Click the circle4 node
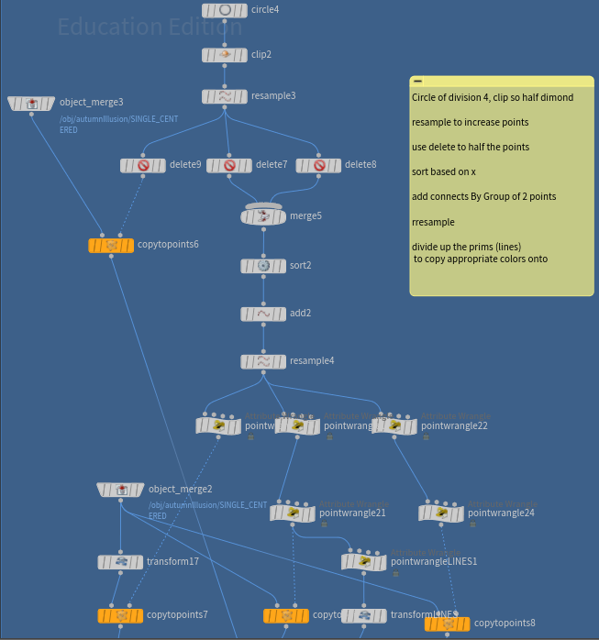pyautogui.click(x=225, y=10)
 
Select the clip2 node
pyautogui.click(x=225, y=55)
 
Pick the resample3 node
pyautogui.click(x=225, y=96)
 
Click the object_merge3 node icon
pyautogui.click(x=32, y=104)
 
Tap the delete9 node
pyautogui.click(x=143, y=166)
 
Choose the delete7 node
pyautogui.click(x=229, y=166)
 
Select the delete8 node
pyautogui.click(x=318, y=166)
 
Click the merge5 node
pyautogui.click(x=263, y=216)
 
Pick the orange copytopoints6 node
pyautogui.click(x=111, y=246)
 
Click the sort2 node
pyautogui.click(x=263, y=266)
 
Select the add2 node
pyautogui.click(x=263, y=314)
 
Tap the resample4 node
pyautogui.click(x=263, y=361)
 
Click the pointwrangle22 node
pyautogui.click(x=394, y=426)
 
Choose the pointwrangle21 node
pyautogui.click(x=294, y=513)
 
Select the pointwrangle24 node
pyautogui.click(x=441, y=513)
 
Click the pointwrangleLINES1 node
pyautogui.click(x=364, y=561)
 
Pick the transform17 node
pyautogui.click(x=120, y=562)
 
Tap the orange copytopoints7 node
pyautogui.click(x=120, y=615)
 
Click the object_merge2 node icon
pyautogui.click(x=121, y=490)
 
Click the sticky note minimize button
pyautogui.click(x=417, y=82)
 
